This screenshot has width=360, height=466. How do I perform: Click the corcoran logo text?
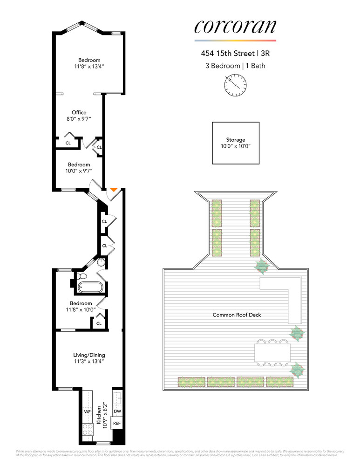[x=235, y=27]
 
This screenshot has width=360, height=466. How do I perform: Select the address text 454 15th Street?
[x=224, y=54]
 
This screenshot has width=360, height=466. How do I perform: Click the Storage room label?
[x=235, y=140]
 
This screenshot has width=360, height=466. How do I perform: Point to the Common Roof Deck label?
[x=237, y=315]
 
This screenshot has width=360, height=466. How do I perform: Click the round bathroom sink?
[x=101, y=263]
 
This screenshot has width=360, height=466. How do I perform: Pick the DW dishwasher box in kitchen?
[x=117, y=411]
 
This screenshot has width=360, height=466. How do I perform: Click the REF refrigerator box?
[x=117, y=424]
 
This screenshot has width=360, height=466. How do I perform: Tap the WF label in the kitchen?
[x=87, y=412]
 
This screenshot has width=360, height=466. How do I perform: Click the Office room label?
[x=79, y=112]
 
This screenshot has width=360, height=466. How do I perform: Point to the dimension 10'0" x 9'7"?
[x=79, y=171]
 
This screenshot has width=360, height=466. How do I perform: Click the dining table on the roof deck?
[x=272, y=351]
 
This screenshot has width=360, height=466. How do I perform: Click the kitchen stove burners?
[x=87, y=430]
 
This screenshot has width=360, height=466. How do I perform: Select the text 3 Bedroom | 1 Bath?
[x=235, y=66]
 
